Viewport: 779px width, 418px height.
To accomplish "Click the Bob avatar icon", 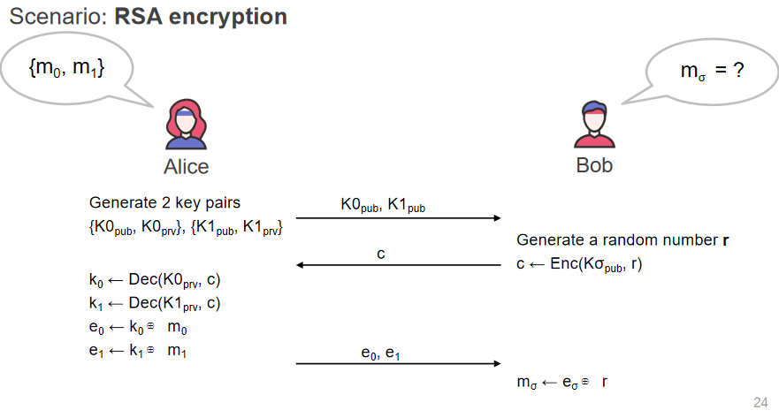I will pyautogui.click(x=594, y=125).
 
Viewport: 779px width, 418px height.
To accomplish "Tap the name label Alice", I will pyautogui.click(x=187, y=166).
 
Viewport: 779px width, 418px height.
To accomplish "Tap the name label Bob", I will pyautogui.click(x=594, y=165).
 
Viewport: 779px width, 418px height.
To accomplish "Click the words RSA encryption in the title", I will pyautogui.click(x=201, y=17).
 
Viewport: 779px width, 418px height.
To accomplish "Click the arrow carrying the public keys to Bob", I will pyautogui.click(x=398, y=217).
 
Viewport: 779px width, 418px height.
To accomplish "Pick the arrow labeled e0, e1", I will pyautogui.click(x=398, y=363).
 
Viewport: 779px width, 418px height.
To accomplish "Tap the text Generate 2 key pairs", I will pyautogui.click(x=164, y=202).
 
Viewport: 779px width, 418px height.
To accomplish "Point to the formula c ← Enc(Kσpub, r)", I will pyautogui.click(x=579, y=263).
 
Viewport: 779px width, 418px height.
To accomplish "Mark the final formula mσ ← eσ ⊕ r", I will pyautogui.click(x=562, y=383).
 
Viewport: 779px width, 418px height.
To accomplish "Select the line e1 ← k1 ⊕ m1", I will pyautogui.click(x=134, y=351).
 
